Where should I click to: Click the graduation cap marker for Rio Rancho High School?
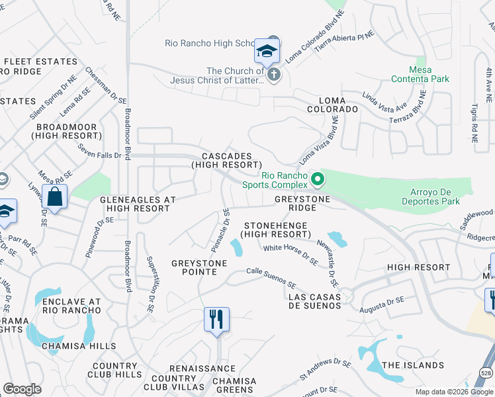(267, 50)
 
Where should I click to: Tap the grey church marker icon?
(274, 75)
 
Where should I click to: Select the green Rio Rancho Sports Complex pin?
(318, 179)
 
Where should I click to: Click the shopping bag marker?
(54, 197)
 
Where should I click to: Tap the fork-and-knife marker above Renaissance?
(216, 320)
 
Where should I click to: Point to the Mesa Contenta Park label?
(429, 74)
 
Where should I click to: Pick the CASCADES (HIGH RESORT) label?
(226, 159)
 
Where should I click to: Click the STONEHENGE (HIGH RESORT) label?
(275, 230)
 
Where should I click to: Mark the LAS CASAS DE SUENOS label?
(315, 300)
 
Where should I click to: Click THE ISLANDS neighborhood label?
(413, 365)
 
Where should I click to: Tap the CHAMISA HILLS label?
(79, 346)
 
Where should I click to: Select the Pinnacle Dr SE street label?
(220, 230)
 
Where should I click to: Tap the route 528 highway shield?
(486, 373)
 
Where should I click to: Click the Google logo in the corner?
(22, 389)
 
